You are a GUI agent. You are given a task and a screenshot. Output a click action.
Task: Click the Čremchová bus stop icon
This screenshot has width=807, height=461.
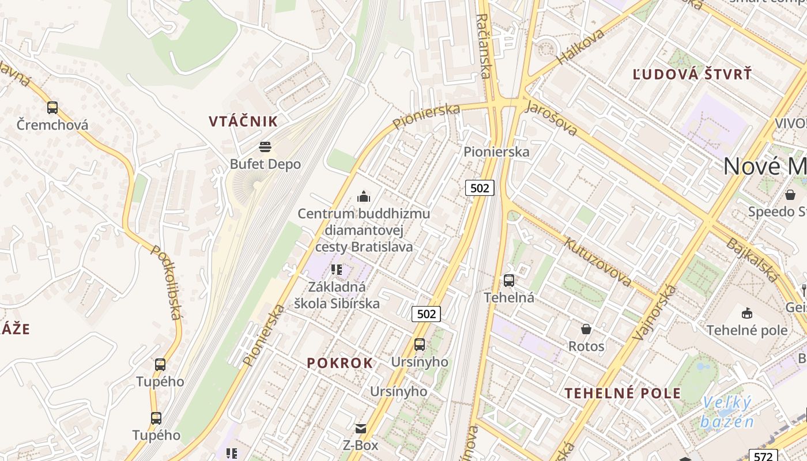click(52, 107)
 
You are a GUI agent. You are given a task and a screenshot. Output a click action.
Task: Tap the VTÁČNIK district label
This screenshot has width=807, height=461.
click(243, 122)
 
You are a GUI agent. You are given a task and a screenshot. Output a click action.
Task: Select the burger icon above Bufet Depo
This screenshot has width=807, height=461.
click(265, 147)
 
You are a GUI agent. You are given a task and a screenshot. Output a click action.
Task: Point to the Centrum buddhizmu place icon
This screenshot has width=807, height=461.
click(363, 197)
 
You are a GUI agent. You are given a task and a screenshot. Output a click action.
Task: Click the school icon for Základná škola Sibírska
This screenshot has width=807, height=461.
click(337, 269)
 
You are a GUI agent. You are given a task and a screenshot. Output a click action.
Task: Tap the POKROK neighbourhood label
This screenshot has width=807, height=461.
click(340, 363)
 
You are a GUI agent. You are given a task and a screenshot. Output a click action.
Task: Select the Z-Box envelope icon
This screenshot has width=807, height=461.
click(360, 429)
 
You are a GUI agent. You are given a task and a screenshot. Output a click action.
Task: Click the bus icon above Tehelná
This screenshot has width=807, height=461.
click(508, 281)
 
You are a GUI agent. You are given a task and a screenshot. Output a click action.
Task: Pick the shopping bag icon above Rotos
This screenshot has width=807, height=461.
click(586, 329)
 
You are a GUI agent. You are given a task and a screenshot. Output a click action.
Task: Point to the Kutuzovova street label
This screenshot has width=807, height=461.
click(598, 262)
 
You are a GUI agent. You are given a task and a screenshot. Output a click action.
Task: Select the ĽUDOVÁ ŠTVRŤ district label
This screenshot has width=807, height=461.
click(692, 74)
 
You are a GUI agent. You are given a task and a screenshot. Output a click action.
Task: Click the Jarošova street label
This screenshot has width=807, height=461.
click(551, 118)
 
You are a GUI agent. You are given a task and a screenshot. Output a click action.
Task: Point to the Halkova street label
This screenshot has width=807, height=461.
click(580, 46)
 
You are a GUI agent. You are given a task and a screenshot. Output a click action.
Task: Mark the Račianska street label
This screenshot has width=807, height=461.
click(484, 46)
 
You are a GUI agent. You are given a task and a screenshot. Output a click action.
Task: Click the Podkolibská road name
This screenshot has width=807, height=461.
click(167, 282)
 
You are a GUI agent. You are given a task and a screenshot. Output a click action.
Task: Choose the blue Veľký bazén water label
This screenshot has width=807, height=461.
click(727, 412)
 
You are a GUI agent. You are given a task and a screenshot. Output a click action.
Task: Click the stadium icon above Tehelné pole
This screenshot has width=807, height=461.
click(747, 313)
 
